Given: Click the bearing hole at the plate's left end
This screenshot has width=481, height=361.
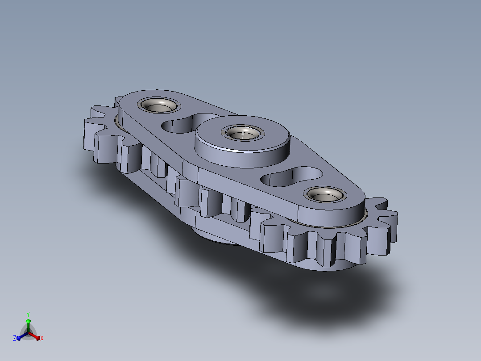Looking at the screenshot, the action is click(158, 105).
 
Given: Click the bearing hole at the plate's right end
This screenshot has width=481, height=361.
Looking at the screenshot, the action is click(325, 194).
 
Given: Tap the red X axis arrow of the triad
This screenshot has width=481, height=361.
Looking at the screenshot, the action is click(34, 336).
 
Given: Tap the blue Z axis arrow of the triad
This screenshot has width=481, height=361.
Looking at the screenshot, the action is click(22, 336).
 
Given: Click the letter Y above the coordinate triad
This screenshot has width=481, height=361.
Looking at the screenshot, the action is click(28, 315).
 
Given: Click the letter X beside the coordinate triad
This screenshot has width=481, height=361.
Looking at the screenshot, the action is click(42, 338).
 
